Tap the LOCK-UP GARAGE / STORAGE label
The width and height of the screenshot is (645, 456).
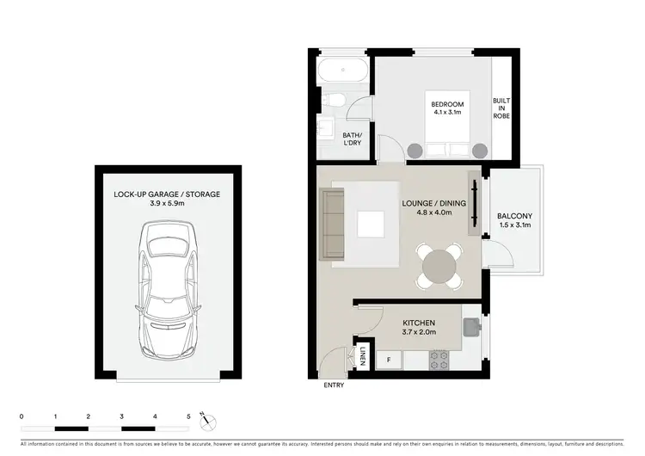[167, 194]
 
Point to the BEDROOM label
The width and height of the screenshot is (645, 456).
[446, 105]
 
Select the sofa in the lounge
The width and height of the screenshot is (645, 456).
[333, 225]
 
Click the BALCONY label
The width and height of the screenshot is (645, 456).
[515, 216]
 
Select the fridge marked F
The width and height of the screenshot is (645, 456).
[389, 359]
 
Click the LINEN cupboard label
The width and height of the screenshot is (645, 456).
[364, 357]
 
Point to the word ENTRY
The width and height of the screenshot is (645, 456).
[334, 385]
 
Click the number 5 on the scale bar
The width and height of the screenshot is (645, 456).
[188, 416]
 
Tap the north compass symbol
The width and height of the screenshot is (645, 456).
[206, 420]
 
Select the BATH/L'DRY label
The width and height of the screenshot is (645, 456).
[353, 139]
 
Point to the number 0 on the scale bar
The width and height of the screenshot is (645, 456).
[21, 416]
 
